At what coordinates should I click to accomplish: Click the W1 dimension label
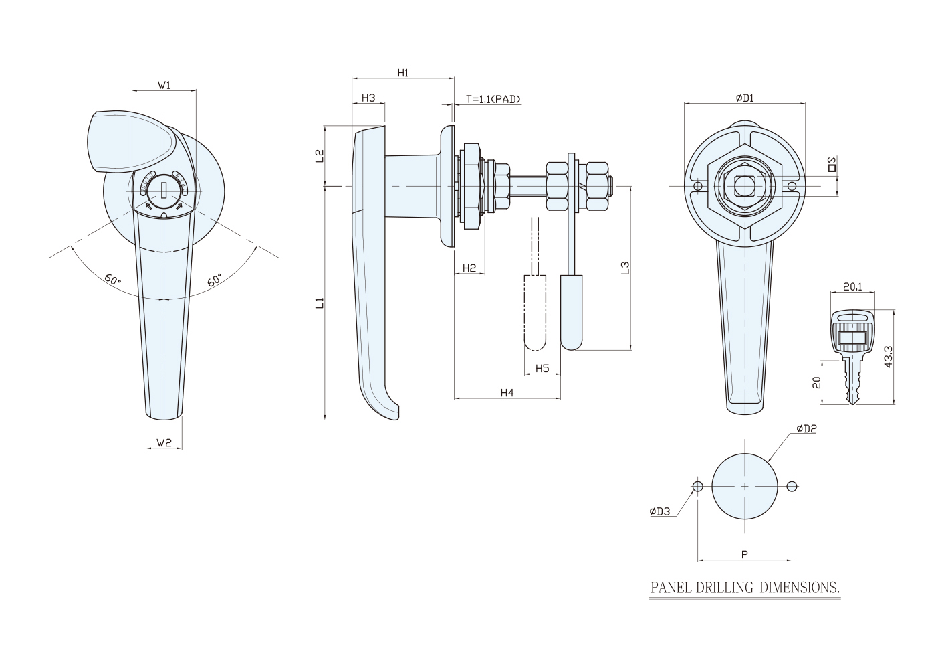(x=164, y=86)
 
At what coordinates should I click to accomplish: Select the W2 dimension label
(x=164, y=442)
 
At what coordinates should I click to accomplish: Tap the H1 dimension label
(x=403, y=73)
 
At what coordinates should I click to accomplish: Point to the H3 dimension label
(x=368, y=98)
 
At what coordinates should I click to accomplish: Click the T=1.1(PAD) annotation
(x=493, y=99)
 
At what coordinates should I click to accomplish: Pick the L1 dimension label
(x=320, y=303)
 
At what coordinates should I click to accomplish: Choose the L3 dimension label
(x=625, y=268)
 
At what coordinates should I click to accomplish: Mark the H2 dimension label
(x=469, y=268)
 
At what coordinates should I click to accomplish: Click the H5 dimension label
(x=542, y=368)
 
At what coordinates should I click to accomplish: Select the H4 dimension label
(x=507, y=392)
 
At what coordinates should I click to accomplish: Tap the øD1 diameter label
(x=745, y=98)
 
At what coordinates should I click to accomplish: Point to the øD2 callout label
(x=806, y=428)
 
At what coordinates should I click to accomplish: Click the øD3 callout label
(x=660, y=511)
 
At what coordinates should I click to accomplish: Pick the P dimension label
(x=745, y=554)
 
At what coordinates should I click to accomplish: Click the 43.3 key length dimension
(x=889, y=357)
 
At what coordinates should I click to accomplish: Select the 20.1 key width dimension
(x=852, y=287)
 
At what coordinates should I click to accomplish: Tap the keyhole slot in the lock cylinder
(x=164, y=190)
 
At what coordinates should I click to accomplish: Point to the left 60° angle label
(x=112, y=280)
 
